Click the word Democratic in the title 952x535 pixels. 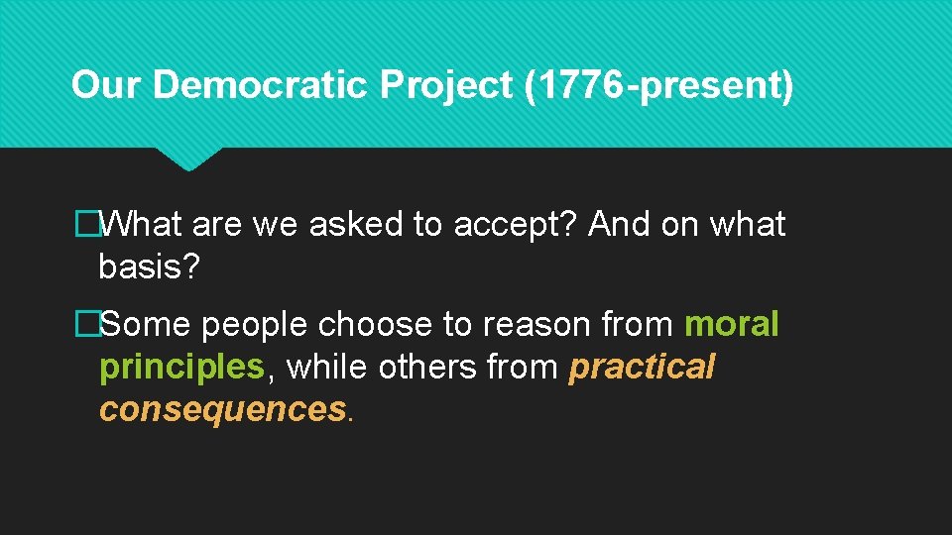[x=261, y=85]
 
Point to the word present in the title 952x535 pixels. [x=712, y=85]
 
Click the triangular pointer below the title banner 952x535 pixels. [x=188, y=159]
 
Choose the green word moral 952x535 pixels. [x=731, y=324]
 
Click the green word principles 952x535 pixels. [x=181, y=368]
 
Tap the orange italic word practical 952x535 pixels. [x=642, y=368]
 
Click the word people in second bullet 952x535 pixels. [x=257, y=324]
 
